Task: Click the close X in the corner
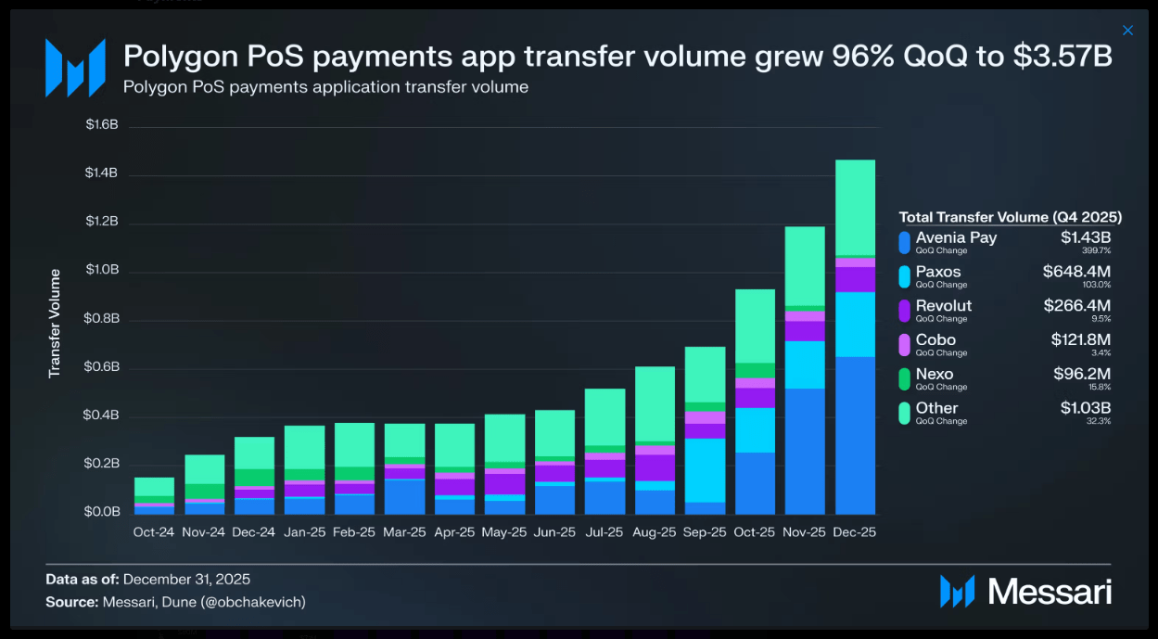point(1127,31)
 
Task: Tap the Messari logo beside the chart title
point(75,68)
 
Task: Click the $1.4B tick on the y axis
point(102,173)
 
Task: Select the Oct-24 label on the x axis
point(154,532)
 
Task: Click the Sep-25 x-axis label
point(704,532)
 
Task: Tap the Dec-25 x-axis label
point(854,532)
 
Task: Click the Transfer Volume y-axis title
point(55,323)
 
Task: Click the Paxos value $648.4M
point(1076,272)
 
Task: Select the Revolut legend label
point(944,306)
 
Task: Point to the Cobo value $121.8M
point(1080,340)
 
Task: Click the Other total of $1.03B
point(1086,408)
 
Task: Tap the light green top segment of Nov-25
point(804,265)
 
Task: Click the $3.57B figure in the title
point(1063,57)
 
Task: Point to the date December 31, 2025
point(186,580)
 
